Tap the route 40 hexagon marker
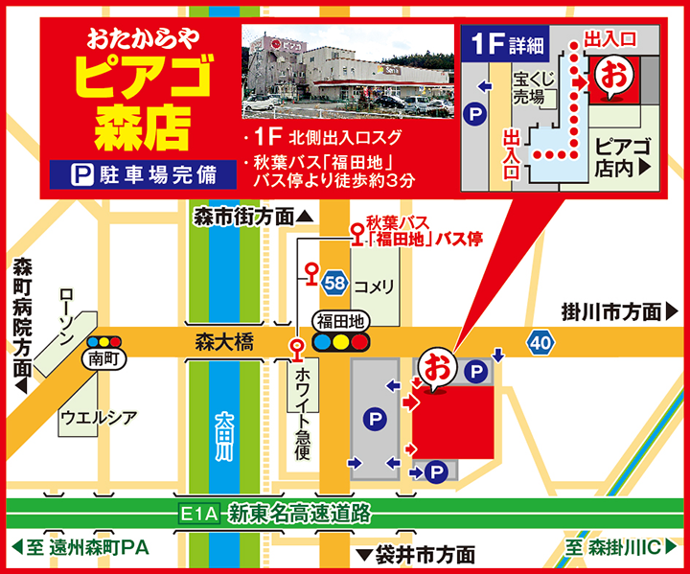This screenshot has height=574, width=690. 540,341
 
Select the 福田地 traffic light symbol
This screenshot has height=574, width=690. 342,340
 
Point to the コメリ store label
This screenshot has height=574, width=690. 375,287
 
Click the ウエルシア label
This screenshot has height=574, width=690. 98,417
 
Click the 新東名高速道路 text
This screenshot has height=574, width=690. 299,514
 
